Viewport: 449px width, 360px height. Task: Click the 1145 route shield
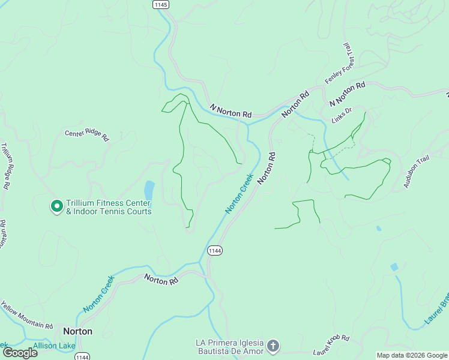(161, 4)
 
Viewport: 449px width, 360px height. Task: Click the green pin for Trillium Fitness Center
(56, 206)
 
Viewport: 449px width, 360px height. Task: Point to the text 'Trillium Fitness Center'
(108, 203)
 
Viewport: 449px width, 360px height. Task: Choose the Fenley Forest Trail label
(340, 64)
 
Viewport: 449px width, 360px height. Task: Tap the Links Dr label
(340, 115)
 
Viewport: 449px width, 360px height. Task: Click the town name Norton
(78, 331)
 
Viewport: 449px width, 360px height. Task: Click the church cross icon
(273, 346)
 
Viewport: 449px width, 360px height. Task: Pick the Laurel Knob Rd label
(331, 346)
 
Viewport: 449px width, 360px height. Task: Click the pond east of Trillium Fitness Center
(149, 190)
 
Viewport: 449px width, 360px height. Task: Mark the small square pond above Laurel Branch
(394, 267)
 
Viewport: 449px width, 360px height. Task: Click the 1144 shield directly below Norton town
(83, 356)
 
